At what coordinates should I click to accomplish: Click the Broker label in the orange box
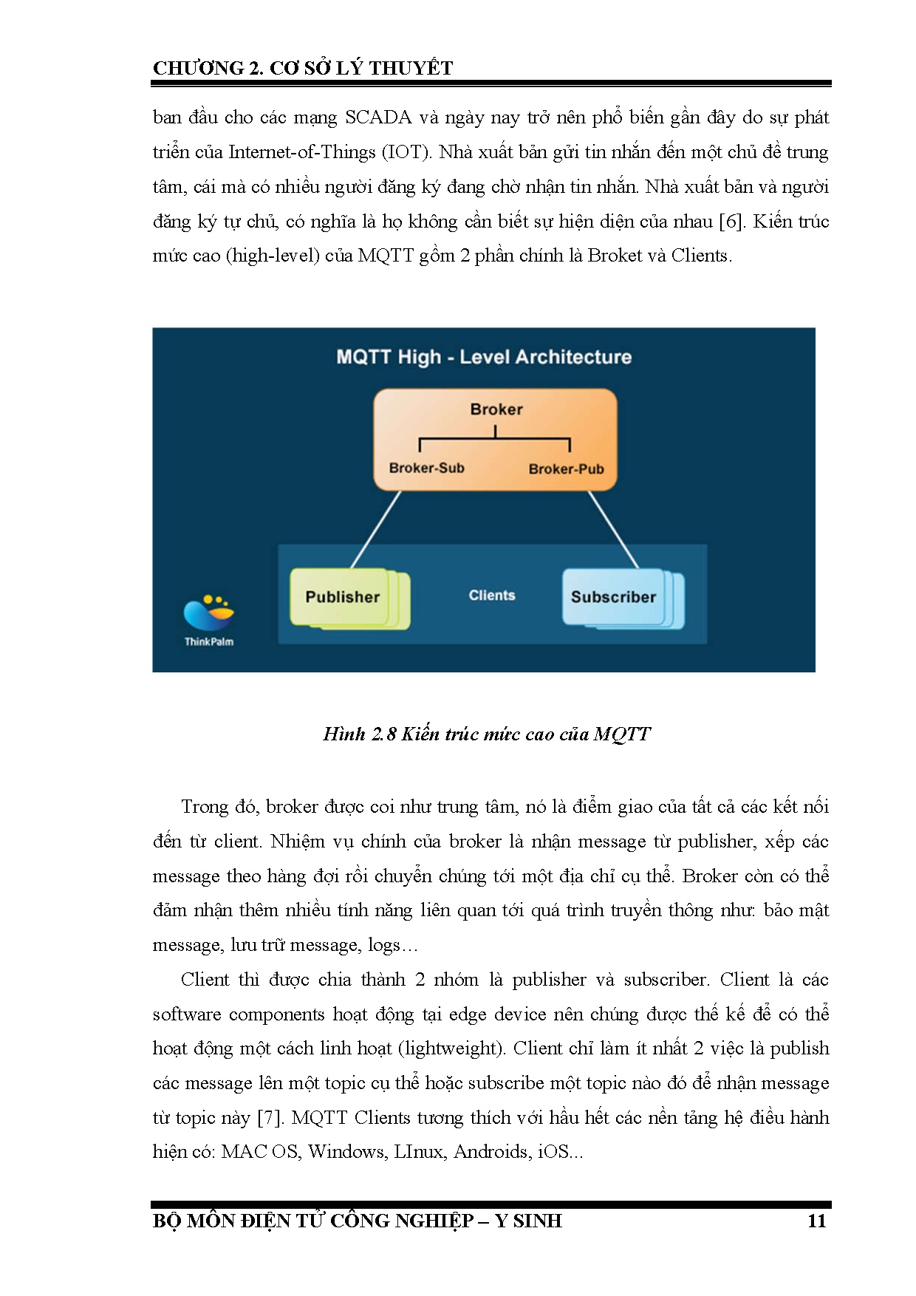click(496, 409)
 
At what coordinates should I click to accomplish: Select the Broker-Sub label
click(426, 468)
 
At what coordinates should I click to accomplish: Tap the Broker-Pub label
click(566, 468)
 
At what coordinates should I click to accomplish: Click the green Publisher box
click(342, 597)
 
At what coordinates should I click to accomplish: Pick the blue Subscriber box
click(613, 597)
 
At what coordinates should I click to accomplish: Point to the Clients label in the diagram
click(492, 596)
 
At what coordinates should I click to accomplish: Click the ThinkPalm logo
click(208, 619)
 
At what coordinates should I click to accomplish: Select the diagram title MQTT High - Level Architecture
click(484, 358)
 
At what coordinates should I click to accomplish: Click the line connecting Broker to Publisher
click(375, 529)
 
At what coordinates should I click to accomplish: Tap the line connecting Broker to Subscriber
click(613, 529)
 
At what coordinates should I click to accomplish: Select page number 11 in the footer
click(816, 1221)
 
